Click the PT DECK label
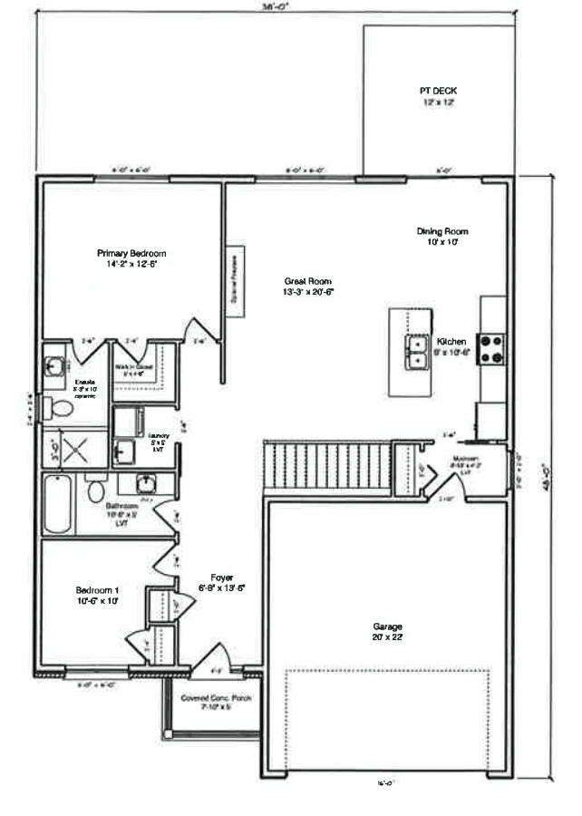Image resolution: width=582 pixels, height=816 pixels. tap(437, 96)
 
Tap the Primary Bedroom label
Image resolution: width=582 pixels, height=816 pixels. tap(132, 258)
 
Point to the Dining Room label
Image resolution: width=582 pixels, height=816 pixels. tap(442, 236)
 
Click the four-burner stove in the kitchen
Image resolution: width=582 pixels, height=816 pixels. tap(491, 349)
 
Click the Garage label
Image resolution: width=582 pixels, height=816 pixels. tap(387, 632)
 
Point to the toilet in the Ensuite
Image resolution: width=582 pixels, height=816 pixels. tap(62, 407)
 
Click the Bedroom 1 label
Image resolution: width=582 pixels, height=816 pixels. tap(98, 595)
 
